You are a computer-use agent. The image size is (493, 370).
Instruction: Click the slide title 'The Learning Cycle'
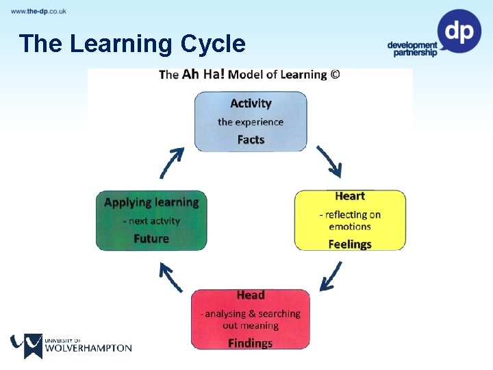132,44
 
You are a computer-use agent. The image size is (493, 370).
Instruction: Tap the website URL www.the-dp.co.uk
38,12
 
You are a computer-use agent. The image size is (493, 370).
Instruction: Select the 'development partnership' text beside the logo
412,49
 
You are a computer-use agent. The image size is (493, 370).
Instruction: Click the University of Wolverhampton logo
71,345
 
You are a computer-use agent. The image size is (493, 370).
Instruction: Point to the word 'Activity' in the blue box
251,103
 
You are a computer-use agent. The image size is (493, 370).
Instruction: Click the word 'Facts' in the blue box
251,140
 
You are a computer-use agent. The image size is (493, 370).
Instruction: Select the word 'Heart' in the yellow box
350,197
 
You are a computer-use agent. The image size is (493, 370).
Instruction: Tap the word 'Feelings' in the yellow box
350,244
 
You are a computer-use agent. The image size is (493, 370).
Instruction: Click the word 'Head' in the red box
251,295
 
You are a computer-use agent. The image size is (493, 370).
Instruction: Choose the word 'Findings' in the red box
251,343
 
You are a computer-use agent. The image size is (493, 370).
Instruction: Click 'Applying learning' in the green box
151,203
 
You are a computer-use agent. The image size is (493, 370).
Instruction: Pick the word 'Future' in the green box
151,238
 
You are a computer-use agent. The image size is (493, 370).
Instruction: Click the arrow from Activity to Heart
329,162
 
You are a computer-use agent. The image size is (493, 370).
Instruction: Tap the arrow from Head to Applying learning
170,277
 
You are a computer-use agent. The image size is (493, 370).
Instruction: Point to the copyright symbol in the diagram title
335,74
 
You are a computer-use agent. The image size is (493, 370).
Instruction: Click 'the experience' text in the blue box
251,122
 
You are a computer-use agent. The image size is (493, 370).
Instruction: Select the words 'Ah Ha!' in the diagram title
203,74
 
